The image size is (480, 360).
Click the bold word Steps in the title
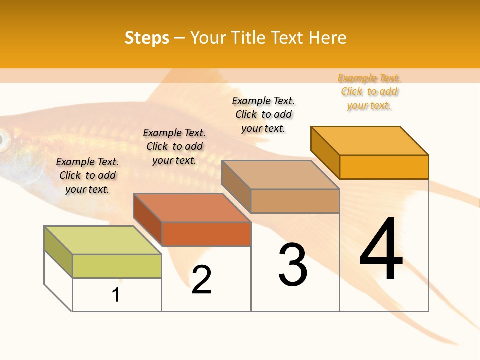click(147, 38)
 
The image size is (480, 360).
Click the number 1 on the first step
click(115, 295)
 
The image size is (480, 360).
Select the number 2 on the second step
click(201, 280)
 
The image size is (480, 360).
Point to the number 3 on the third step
click(293, 265)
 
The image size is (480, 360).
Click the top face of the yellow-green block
click(102, 240)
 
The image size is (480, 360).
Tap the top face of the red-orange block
click(191, 207)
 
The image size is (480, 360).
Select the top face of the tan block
click(280, 174)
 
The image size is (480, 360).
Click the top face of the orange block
click(369, 140)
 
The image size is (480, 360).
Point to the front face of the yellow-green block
click(117, 266)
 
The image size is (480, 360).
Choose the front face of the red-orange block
click(206, 234)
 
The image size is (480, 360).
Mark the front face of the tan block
click(295, 201)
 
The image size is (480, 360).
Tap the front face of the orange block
click(384, 167)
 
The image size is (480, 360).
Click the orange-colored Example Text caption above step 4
click(369, 91)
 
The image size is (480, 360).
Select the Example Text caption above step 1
click(87, 175)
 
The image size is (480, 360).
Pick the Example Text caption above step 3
click(263, 114)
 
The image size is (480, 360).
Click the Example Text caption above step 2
click(174, 146)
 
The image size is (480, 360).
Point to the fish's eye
click(3, 139)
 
